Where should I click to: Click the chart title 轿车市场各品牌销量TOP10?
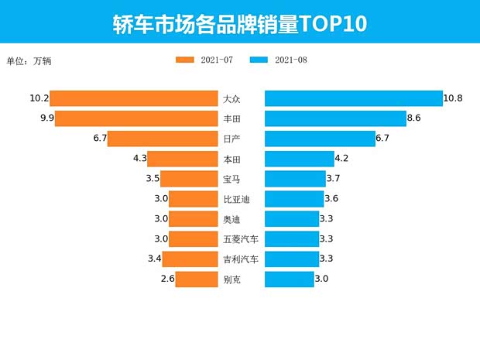(x=239, y=22)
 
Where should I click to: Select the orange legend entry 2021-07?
(x=204, y=60)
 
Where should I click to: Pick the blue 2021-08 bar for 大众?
(x=353, y=98)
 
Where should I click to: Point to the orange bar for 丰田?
(x=135, y=118)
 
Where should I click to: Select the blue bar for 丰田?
(x=334, y=118)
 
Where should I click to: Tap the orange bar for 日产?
(x=162, y=139)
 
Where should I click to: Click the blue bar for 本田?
(x=299, y=159)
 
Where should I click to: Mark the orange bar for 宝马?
(x=189, y=179)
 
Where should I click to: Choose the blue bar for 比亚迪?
(x=294, y=199)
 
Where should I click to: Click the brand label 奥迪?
(x=231, y=219)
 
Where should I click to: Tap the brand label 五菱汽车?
(x=240, y=239)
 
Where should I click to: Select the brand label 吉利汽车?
(x=240, y=259)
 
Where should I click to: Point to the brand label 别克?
(x=231, y=279)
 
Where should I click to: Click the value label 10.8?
(x=453, y=98)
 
